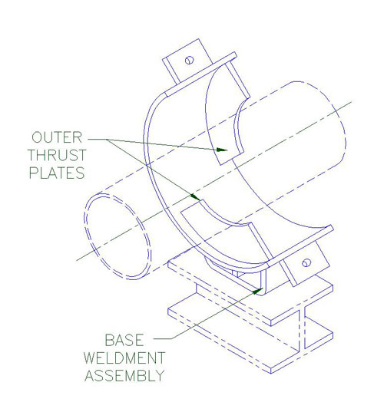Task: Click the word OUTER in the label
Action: point(57,137)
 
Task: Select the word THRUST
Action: point(57,155)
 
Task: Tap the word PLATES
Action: point(57,173)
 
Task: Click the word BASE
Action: point(124,341)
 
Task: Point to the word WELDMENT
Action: point(124,358)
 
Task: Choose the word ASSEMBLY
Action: point(124,376)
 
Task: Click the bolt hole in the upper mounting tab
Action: point(190,60)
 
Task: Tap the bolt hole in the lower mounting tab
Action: point(306,262)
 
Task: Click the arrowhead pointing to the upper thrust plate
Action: point(222,150)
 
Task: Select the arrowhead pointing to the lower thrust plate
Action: point(195,197)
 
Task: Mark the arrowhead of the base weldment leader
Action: point(258,291)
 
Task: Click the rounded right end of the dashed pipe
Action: point(342,126)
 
